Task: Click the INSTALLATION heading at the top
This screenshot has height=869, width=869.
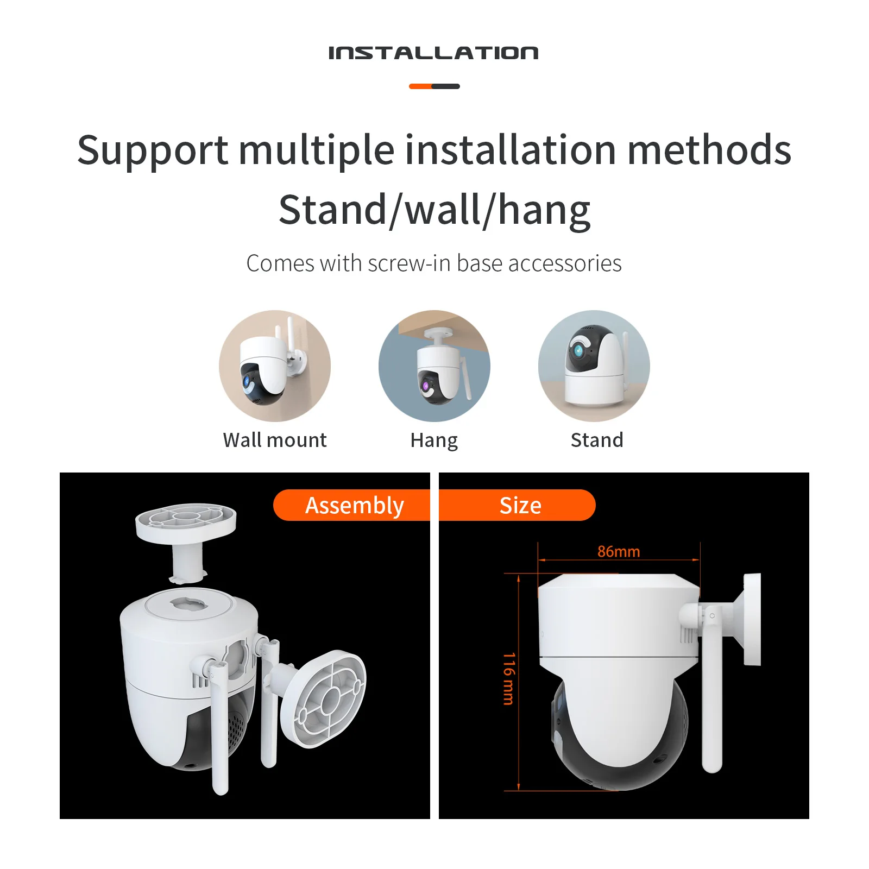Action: pyautogui.click(x=433, y=53)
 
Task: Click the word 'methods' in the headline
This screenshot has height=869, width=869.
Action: pyautogui.click(x=709, y=150)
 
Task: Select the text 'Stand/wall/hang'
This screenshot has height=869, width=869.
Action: pyautogui.click(x=434, y=211)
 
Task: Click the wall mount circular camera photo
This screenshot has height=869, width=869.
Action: pyautogui.click(x=275, y=366)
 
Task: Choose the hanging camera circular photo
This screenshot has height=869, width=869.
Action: pyautogui.click(x=434, y=366)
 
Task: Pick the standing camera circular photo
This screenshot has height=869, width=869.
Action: pyautogui.click(x=594, y=366)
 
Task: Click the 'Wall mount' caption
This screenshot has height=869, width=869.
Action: pyautogui.click(x=275, y=440)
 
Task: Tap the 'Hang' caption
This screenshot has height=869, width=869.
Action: pyautogui.click(x=434, y=440)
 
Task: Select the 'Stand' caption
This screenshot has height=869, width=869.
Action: pyautogui.click(x=597, y=440)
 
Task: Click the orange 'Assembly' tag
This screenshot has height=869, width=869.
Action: pyautogui.click(x=354, y=506)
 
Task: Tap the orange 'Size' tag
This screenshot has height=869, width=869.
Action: pyautogui.click(x=520, y=506)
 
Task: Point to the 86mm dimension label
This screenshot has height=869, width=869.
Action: pyautogui.click(x=619, y=552)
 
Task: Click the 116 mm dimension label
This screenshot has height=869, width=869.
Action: pyautogui.click(x=508, y=679)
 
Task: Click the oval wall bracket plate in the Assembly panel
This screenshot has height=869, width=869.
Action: pyautogui.click(x=324, y=699)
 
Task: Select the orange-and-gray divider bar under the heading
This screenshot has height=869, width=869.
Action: pyautogui.click(x=434, y=86)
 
